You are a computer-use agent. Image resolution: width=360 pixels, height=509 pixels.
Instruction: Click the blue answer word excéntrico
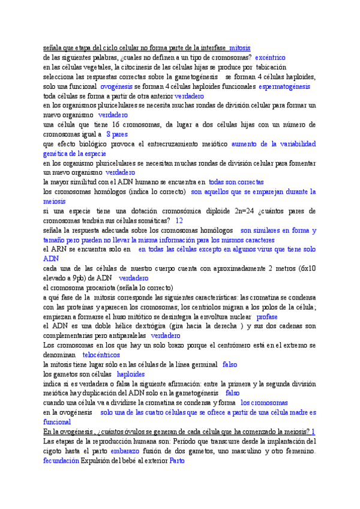click(x=273, y=58)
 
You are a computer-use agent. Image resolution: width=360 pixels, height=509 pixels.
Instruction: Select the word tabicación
click(x=274, y=67)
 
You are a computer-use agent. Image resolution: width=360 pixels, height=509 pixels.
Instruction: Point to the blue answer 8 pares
click(x=116, y=134)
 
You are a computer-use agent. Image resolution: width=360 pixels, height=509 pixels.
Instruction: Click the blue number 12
click(x=179, y=221)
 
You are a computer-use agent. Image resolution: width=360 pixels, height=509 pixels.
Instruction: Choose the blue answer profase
click(x=266, y=316)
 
